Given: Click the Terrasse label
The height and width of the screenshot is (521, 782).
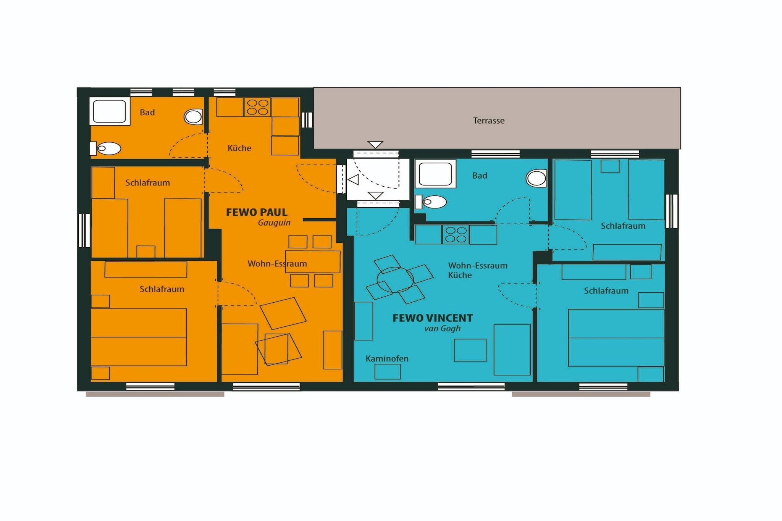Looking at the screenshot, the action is pyautogui.click(x=489, y=121).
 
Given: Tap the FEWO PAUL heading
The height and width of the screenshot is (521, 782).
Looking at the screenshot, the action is pyautogui.click(x=257, y=212).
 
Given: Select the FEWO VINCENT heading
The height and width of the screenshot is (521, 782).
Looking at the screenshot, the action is pyautogui.click(x=433, y=318).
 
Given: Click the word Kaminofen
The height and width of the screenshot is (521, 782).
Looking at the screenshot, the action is pyautogui.click(x=387, y=358).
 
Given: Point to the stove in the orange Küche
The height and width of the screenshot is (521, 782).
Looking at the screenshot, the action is pyautogui.click(x=257, y=107).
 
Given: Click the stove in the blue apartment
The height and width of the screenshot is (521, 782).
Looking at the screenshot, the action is pyautogui.click(x=456, y=234).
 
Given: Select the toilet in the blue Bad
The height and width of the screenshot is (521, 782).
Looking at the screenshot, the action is pyautogui.click(x=431, y=202).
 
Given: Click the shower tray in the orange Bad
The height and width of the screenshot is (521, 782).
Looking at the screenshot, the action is pyautogui.click(x=110, y=111).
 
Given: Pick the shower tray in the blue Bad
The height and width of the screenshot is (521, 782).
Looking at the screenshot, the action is pyautogui.click(x=435, y=174).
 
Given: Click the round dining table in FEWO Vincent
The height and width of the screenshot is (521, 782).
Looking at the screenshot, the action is pyautogui.click(x=395, y=280).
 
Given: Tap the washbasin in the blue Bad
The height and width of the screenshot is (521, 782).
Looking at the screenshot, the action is pyautogui.click(x=536, y=178).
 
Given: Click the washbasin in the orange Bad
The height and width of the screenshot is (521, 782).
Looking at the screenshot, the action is pyautogui.click(x=193, y=117).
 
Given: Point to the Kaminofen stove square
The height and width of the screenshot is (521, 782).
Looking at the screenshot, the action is pyautogui.click(x=387, y=372).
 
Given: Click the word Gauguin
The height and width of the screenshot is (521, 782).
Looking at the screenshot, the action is pyautogui.click(x=274, y=223).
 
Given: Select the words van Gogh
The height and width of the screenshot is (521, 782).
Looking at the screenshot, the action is pyautogui.click(x=443, y=329).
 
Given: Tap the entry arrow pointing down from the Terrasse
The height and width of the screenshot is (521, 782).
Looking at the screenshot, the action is pyautogui.click(x=375, y=145).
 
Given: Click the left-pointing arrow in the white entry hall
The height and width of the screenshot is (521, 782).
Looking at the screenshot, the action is pyautogui.click(x=353, y=179).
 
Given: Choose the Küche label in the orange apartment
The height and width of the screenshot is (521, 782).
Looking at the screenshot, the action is pyautogui.click(x=239, y=148).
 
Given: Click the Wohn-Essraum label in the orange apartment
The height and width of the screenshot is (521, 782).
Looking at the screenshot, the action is pyautogui.click(x=277, y=264).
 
